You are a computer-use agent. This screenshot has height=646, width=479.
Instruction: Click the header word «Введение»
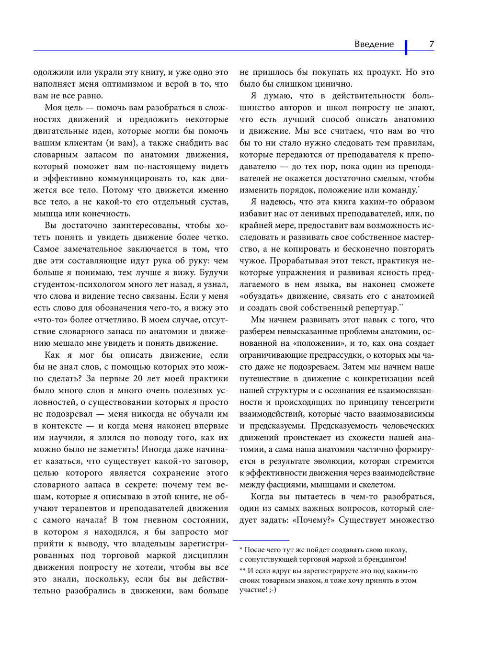click(x=374, y=44)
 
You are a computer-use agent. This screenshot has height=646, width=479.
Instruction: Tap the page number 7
click(x=432, y=44)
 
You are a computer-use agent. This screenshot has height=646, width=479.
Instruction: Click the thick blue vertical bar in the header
click(x=406, y=47)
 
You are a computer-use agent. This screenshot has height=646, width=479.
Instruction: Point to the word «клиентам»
click(x=80, y=143)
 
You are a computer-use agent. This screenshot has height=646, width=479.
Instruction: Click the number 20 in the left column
click(x=138, y=379)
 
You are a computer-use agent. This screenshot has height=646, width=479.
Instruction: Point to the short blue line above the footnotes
click(x=261, y=540)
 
